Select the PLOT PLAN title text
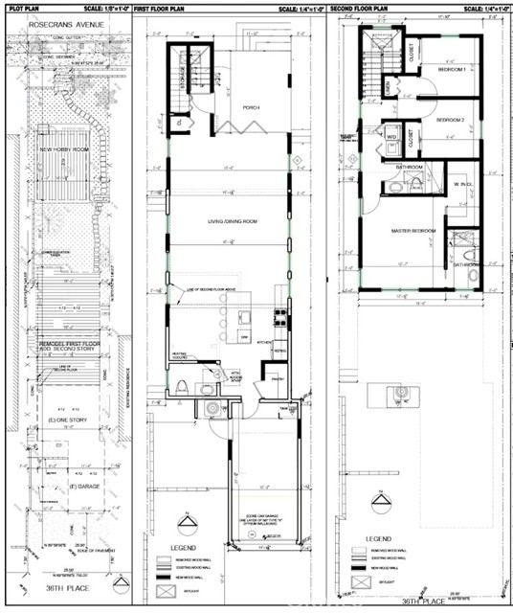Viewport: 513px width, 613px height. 23,7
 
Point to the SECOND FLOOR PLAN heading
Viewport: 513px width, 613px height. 360,7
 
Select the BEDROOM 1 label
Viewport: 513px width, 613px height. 451,71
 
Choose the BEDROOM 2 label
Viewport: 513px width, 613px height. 450,120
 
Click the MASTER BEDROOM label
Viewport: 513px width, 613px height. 413,230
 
